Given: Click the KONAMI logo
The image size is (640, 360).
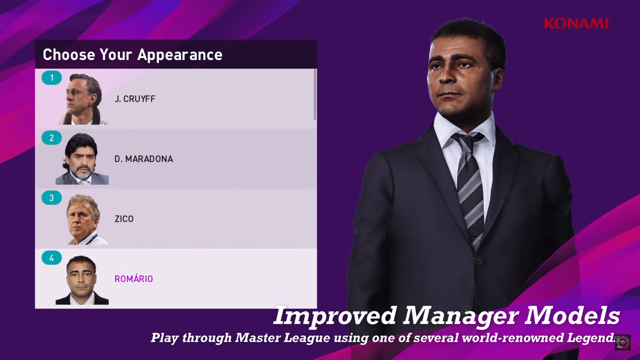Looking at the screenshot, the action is tap(576, 24).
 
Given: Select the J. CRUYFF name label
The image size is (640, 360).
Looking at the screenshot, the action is tap(135, 99).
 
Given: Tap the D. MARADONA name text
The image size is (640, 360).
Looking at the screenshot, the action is tap(144, 159).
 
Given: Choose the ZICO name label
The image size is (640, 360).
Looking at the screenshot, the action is tap(124, 219).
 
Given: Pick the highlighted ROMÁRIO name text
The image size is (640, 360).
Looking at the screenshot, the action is tap(134, 278).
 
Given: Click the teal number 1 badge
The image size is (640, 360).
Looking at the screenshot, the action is tap(52, 78).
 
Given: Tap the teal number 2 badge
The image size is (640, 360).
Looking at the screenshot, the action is tap(52, 138).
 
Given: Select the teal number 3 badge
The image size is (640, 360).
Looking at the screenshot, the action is tap(52, 198).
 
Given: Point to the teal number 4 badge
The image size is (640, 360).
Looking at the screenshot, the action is tap(52, 258).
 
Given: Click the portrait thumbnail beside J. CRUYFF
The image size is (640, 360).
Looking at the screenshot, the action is tap(83, 99).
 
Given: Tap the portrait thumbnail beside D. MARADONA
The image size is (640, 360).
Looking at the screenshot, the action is tap(82, 159).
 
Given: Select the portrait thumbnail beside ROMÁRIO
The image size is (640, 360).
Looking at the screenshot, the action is tap(82, 280).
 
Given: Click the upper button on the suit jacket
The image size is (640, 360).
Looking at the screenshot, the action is tap(478, 260).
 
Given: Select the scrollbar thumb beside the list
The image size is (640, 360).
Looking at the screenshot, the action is tap(315, 94).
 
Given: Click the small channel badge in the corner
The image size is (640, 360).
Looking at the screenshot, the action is tap(622, 342).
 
